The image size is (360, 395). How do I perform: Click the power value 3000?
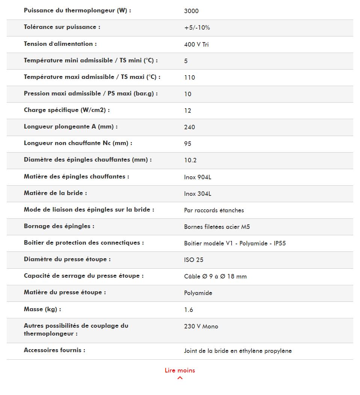191,11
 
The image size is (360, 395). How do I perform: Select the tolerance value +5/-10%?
197,27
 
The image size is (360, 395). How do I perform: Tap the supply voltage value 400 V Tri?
196,44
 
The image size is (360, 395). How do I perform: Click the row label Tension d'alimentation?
60,44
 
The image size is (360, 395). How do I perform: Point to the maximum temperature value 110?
190,77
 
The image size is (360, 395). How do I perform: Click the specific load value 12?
188,110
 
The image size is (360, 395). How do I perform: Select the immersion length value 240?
190,127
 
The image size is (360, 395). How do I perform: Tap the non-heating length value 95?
188,144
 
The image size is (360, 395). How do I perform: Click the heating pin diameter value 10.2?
190,160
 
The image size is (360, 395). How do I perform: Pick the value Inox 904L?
197,177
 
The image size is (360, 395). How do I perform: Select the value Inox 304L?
197,194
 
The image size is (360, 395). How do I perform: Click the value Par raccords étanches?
214,210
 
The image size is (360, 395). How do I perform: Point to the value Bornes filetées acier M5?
217,227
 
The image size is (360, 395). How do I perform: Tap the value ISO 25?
194,260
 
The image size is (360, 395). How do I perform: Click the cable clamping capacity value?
215,276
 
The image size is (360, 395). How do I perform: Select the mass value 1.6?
188,310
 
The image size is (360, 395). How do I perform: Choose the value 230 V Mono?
201,326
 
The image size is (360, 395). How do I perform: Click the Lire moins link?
180,370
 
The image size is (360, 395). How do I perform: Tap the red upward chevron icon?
180,378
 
